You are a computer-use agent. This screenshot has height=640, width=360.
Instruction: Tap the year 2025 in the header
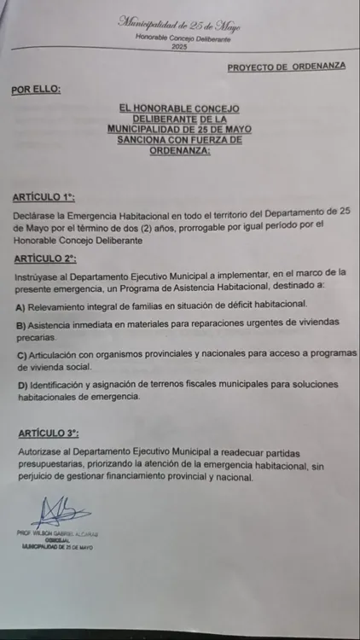pyautogui.click(x=179, y=46)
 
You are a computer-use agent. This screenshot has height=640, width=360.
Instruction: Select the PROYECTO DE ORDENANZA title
pyautogui.click(x=287, y=67)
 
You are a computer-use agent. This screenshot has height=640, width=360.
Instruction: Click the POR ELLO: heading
pyautogui.click(x=36, y=89)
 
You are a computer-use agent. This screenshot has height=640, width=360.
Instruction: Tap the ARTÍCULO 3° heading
pyautogui.click(x=45, y=434)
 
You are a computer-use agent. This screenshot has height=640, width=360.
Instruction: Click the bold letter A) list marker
pyautogui.click(x=20, y=305)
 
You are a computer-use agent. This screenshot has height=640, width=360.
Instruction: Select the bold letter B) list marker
pyautogui.click(x=20, y=325)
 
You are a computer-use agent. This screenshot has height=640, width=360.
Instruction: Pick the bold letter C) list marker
pyautogui.click(x=20, y=354)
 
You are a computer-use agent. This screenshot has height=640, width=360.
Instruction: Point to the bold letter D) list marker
pyautogui.click(x=20, y=386)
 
